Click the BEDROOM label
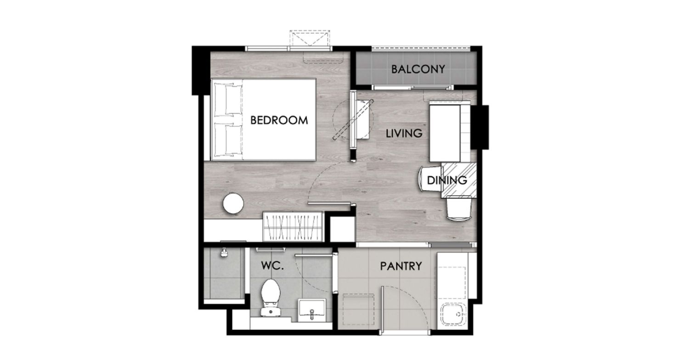coord(279,120)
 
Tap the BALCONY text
coord(418,69)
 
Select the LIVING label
coord(404,134)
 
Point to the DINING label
coord(447,180)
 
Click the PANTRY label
coord(401,266)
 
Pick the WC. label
coord(272,265)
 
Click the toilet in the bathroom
coord(271,297)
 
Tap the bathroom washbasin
coord(311,310)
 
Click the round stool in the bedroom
coord(233,203)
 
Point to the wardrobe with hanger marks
coord(293,227)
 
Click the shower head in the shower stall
coord(224,253)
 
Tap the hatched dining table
coord(459,180)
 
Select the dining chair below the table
coord(459,209)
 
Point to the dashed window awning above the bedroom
coord(310,38)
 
